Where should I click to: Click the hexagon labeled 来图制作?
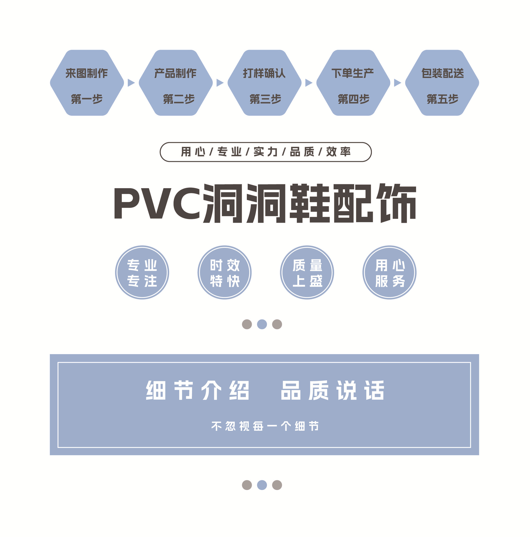[87, 83]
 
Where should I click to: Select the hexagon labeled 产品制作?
[175, 83]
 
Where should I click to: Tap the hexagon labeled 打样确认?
[264, 83]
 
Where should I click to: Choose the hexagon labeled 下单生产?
[353, 83]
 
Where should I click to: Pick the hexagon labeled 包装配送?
[442, 83]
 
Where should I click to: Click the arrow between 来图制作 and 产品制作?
[131, 83]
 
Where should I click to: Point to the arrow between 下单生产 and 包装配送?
[397, 83]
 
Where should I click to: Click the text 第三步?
[265, 99]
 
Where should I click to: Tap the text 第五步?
[442, 99]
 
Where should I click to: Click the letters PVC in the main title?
[157, 203]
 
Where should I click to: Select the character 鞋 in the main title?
[309, 203]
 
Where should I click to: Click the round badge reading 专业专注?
[142, 272]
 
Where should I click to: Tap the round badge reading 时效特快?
[224, 272]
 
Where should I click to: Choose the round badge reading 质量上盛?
[307, 272]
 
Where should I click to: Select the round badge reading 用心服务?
[389, 272]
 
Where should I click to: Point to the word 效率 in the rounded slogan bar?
[338, 152]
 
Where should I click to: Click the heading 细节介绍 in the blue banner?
[197, 390]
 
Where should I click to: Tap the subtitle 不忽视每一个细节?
[265, 426]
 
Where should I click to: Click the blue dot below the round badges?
[262, 324]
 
